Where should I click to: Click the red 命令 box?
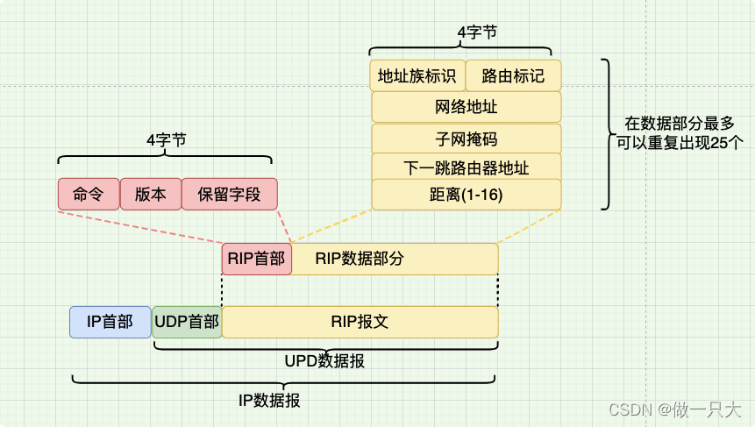tap(89, 195)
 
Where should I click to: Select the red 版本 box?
tap(150, 195)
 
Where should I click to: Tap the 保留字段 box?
tap(229, 195)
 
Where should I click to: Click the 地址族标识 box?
tap(417, 75)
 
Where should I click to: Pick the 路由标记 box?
tap(513, 75)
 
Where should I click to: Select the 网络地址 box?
tap(467, 107)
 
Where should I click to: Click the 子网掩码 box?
tap(467, 139)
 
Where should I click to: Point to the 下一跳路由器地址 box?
tap(467, 167)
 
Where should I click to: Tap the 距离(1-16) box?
tap(467, 195)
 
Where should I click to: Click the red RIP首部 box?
tap(256, 259)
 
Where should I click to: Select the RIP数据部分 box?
tap(395, 259)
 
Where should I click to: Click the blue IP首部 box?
tap(110, 322)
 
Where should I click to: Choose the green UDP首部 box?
tap(187, 322)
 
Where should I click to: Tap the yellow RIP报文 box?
tap(360, 322)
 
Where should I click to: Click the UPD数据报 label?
tap(325, 361)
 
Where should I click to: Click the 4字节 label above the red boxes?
tap(166, 139)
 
